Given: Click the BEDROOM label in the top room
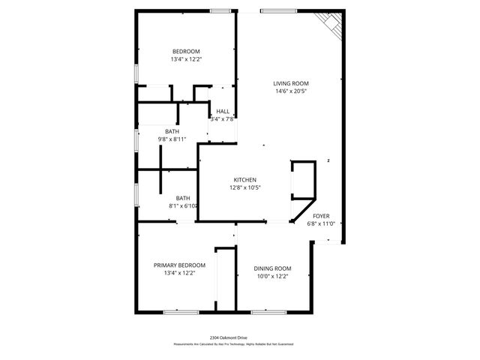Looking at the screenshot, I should coord(187,50).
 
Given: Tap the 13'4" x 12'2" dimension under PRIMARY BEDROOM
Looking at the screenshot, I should coord(179,273).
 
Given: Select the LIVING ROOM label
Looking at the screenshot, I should coord(290,83).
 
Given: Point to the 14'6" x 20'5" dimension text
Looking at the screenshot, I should coord(290,91).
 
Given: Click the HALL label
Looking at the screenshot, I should coord(223,111).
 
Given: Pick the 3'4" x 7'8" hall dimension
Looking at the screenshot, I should coord(223,118).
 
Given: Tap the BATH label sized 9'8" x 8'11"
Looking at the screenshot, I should coord(172,131).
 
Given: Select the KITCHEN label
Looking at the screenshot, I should coord(245,180).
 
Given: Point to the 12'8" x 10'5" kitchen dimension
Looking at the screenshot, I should coord(245,188).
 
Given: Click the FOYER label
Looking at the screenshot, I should coord(321,215).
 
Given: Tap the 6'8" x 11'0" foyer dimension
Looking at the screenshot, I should coord(321,223).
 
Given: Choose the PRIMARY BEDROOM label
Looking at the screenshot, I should coord(179,265).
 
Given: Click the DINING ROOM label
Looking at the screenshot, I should coord(272,268).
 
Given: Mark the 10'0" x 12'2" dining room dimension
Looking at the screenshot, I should coord(272,277).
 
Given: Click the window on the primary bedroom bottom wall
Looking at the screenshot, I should coord(180,311).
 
